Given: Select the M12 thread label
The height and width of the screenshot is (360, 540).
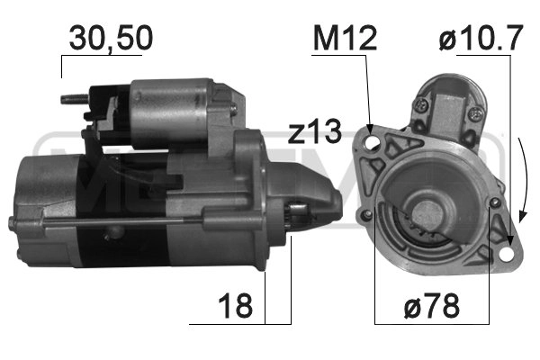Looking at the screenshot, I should [343, 37].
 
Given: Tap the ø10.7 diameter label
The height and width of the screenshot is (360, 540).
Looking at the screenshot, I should [481, 38].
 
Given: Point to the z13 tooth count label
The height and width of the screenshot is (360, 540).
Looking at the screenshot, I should [315, 132].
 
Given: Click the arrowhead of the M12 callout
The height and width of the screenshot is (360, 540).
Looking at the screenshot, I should [370, 126].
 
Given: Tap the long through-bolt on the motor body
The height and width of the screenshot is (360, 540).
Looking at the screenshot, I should [108, 221].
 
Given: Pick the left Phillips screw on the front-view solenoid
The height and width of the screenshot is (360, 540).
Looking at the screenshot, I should [420, 106].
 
